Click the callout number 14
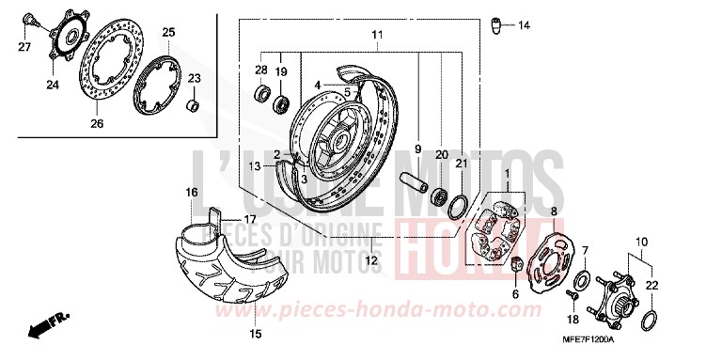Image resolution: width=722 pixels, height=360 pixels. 524,24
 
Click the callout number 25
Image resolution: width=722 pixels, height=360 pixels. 168,33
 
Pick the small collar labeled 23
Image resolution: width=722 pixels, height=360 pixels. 193,102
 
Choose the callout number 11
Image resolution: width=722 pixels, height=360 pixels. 377,35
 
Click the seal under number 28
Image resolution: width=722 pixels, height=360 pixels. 260,94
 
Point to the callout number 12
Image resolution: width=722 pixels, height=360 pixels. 374,260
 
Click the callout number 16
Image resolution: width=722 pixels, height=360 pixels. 191,193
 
